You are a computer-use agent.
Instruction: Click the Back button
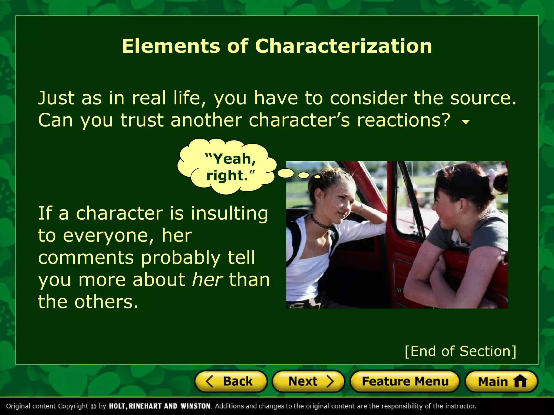click(231, 381)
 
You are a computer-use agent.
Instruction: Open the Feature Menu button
click(405, 381)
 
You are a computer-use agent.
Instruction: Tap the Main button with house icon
click(501, 381)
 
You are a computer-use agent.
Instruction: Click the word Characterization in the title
click(343, 46)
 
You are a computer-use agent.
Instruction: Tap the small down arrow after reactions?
click(466, 122)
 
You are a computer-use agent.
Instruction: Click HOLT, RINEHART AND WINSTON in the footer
click(160, 406)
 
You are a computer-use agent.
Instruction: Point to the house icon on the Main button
click(520, 381)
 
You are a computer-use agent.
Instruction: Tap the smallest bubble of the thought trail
click(317, 177)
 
